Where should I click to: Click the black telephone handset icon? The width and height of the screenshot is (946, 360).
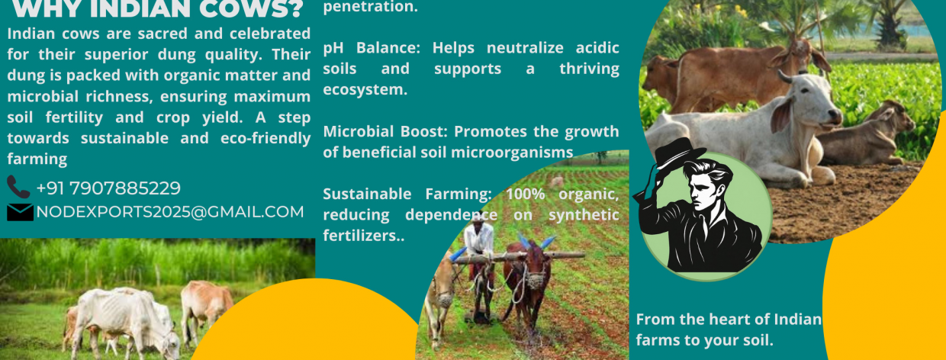18,187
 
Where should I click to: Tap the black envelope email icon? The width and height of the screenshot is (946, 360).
20,212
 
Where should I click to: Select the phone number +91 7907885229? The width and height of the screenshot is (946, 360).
108,188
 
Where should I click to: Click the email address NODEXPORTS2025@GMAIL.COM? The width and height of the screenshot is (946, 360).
170,212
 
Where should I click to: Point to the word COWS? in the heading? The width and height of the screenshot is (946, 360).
251,9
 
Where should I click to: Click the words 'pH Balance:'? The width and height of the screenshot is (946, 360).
372,48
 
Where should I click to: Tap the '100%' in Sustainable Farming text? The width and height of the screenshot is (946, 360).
526,194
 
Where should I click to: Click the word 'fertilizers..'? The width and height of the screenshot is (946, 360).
364,236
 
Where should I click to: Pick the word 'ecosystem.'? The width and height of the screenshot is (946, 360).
365,90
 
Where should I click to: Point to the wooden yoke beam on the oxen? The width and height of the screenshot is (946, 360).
519,256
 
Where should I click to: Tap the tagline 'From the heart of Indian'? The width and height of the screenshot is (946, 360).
729,320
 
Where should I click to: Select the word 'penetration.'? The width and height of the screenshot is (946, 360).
370,7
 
